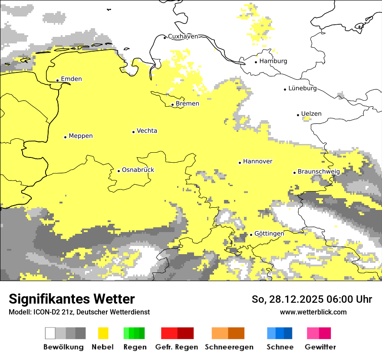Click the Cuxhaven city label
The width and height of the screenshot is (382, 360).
pos(183,37)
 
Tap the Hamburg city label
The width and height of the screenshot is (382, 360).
pos(273,61)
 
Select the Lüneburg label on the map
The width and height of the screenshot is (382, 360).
pos(303,88)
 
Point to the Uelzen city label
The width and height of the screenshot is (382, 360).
pos(311,114)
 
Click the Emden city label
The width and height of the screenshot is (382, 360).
pos(71,79)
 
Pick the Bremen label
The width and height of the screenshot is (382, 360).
pos(188,104)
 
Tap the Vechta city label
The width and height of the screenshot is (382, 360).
pos(147,131)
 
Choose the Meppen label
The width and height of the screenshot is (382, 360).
pos(81,136)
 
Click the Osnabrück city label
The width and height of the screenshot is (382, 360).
pos(138,170)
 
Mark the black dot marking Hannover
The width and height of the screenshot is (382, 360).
pos(240,163)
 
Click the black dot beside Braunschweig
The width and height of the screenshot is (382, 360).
pos(294,173)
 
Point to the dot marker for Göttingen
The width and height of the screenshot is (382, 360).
pos(251,235)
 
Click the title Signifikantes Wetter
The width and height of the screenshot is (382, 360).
pos(72,299)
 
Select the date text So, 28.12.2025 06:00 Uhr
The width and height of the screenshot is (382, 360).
pos(312,300)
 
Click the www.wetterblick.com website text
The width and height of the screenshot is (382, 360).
pos(313,312)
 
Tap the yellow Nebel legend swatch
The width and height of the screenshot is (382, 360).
pos(103,333)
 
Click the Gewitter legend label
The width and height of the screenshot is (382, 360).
pos(320,347)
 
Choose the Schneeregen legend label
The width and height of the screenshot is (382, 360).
pos(229,347)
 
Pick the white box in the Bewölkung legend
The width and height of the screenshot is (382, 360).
pos(50,333)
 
